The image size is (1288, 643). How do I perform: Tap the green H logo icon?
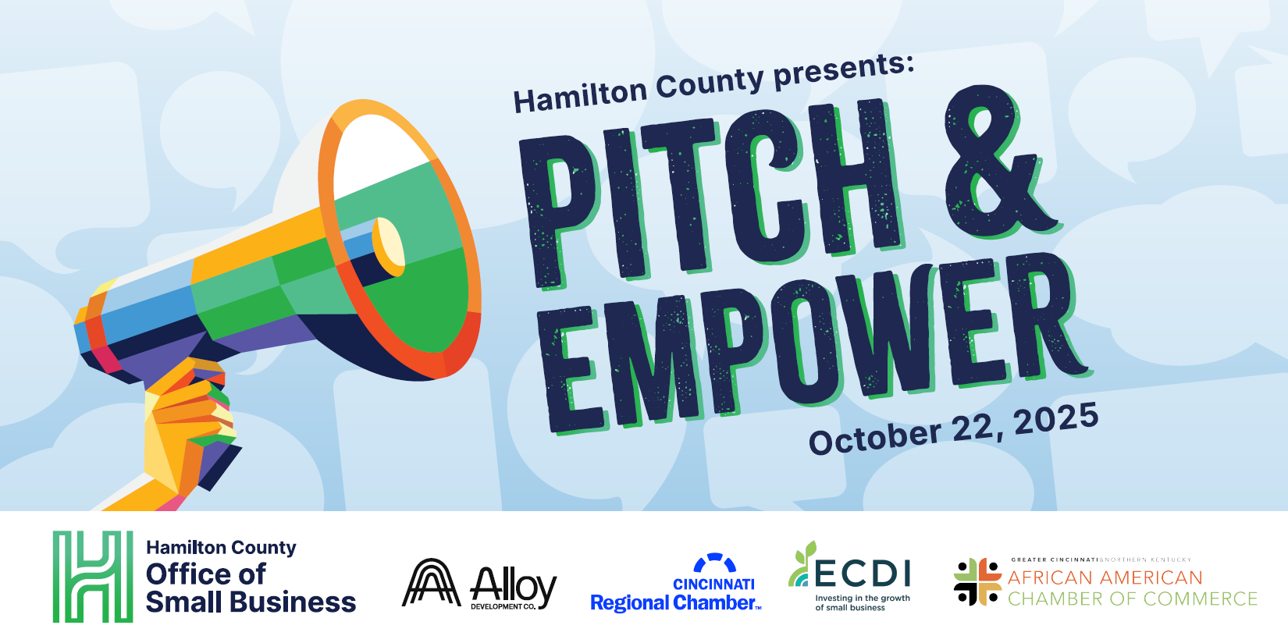tap(93, 577)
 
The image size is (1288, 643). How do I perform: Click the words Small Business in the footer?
tap(251, 602)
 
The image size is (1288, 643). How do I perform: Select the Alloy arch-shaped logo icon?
tap(431, 582)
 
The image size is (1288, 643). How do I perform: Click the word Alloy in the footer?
tap(514, 586)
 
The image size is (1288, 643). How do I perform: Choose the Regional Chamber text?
tap(673, 602)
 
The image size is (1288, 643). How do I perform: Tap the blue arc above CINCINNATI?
tap(715, 561)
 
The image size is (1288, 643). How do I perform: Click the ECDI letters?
tap(863, 574)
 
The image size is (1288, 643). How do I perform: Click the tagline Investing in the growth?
tap(863, 598)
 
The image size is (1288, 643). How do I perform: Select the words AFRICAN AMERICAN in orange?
tap(1105, 577)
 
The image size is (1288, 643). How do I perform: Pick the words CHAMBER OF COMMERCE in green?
tap(1133, 599)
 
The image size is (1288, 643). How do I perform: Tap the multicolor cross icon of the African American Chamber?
tap(977, 581)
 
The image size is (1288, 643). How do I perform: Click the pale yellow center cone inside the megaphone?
tap(389, 247)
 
